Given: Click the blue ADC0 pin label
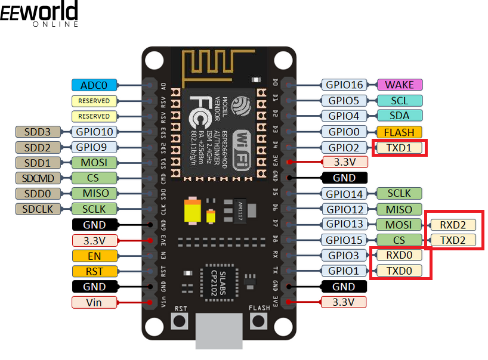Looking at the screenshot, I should point(94,85).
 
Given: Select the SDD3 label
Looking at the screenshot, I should point(38,132).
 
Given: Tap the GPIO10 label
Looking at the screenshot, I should point(94,132).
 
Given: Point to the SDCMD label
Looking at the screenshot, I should point(38,178).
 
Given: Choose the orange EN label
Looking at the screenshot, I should point(94,256).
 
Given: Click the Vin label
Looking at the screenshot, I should point(94,302).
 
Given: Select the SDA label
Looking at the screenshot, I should point(399,116).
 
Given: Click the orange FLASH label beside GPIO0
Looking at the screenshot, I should point(399,132).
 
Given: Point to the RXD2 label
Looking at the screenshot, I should point(453,225).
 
